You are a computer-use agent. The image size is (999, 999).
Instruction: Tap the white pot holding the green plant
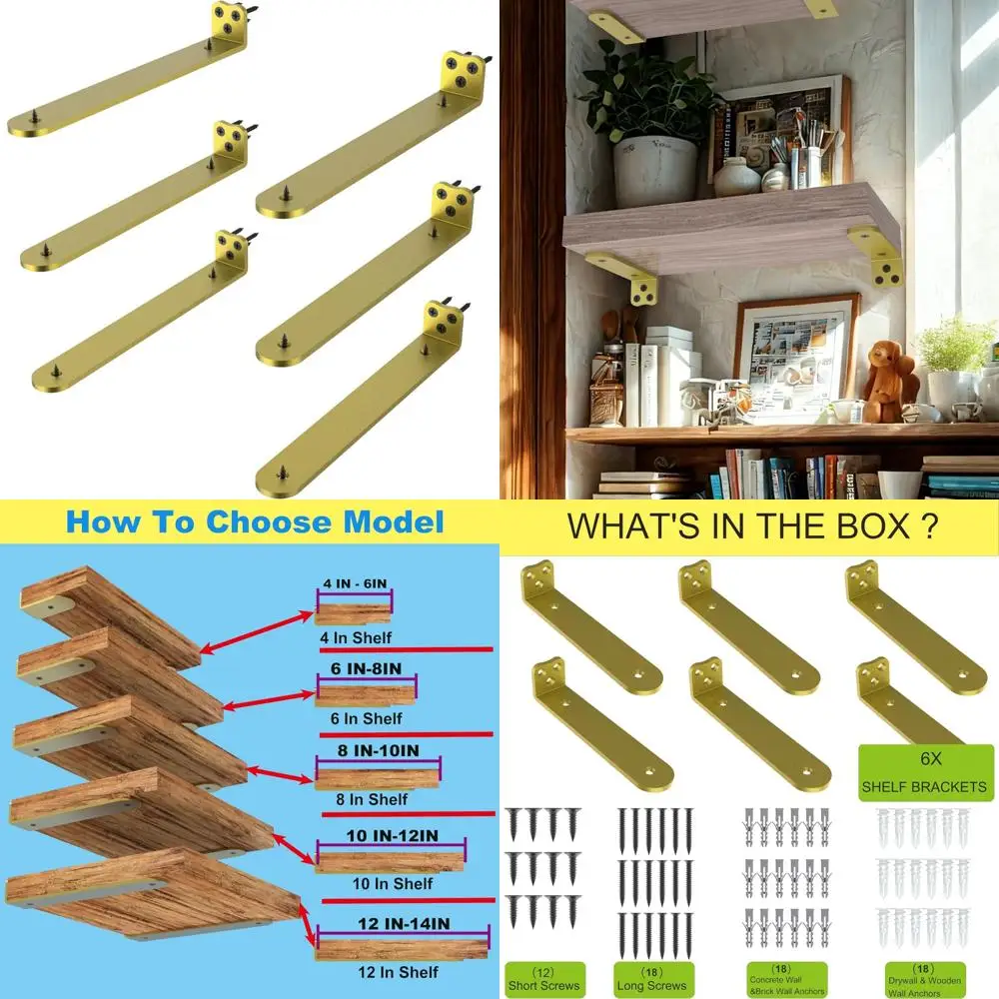coord(654,171)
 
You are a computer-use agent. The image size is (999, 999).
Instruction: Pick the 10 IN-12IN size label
coord(378,837)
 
